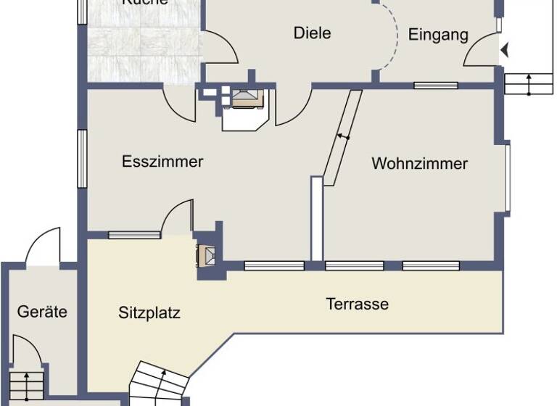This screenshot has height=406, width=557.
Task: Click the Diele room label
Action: (x=312, y=33)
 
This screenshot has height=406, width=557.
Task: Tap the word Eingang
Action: (x=438, y=35)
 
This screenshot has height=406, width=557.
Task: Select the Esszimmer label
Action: (x=162, y=161)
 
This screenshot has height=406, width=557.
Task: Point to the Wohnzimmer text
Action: (x=419, y=163)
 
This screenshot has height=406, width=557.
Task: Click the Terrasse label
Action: (x=357, y=304)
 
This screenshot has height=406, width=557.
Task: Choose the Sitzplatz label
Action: (x=149, y=313)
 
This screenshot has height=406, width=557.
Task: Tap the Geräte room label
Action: (x=42, y=312)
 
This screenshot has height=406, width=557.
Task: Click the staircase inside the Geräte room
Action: (x=29, y=384)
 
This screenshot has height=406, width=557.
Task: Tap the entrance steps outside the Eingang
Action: (x=524, y=83)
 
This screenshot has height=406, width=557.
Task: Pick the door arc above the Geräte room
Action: (x=44, y=246)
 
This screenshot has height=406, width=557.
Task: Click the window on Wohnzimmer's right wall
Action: (x=508, y=178)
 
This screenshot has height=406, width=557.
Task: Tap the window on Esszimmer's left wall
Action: (x=83, y=160)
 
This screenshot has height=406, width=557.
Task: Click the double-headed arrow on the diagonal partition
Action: (x=343, y=136)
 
